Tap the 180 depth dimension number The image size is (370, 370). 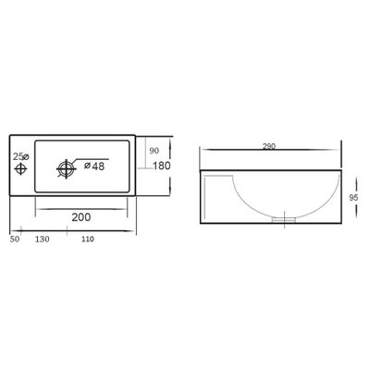(x=159, y=166)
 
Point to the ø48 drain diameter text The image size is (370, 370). (x=93, y=166)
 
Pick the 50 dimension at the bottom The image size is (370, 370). (x=14, y=240)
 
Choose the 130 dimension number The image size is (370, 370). (x=43, y=240)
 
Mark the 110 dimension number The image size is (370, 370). (x=88, y=240)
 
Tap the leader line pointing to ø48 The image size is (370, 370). (x=92, y=156)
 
